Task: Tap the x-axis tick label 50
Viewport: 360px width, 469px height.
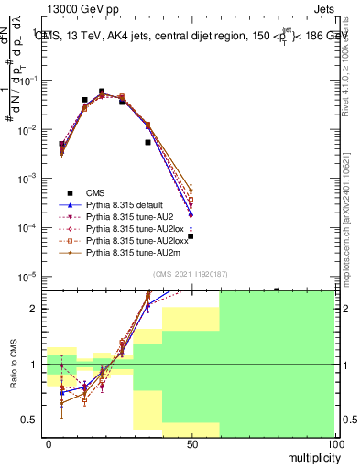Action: tap(191, 444)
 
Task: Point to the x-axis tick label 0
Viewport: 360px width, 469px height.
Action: tap(49, 444)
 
